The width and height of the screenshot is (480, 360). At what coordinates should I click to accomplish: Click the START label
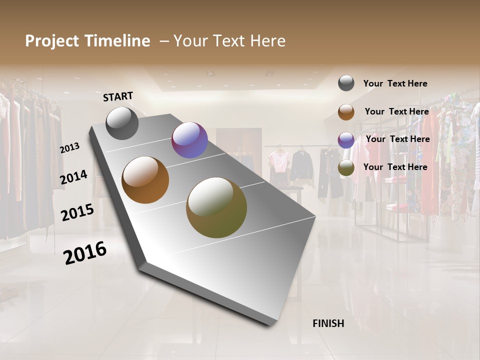tap(118, 96)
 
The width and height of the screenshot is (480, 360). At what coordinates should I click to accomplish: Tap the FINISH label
tap(328, 323)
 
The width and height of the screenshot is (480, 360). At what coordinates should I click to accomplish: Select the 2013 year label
tap(70, 147)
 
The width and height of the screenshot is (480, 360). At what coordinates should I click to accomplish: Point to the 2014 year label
tap(73, 177)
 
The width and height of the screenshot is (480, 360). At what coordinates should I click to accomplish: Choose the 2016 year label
tap(85, 252)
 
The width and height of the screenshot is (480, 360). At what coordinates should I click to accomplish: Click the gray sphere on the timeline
tap(122, 123)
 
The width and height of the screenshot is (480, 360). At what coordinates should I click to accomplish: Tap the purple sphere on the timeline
tap(189, 140)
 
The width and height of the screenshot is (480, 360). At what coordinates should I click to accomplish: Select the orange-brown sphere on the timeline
tap(145, 180)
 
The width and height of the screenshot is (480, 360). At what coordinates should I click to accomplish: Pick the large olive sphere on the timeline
tap(216, 207)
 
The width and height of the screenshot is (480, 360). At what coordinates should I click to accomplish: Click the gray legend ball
tap(346, 83)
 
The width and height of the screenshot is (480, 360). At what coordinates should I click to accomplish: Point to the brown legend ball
tap(346, 111)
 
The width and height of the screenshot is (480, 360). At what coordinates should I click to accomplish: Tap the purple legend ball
tap(346, 139)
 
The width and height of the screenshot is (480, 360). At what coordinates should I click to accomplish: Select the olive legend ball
tap(346, 167)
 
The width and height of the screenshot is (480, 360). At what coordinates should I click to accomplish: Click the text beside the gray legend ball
tap(395, 83)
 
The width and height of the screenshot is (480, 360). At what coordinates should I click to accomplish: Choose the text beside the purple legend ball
tap(397, 139)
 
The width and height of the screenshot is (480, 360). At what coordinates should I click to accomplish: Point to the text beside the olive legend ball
tap(395, 167)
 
